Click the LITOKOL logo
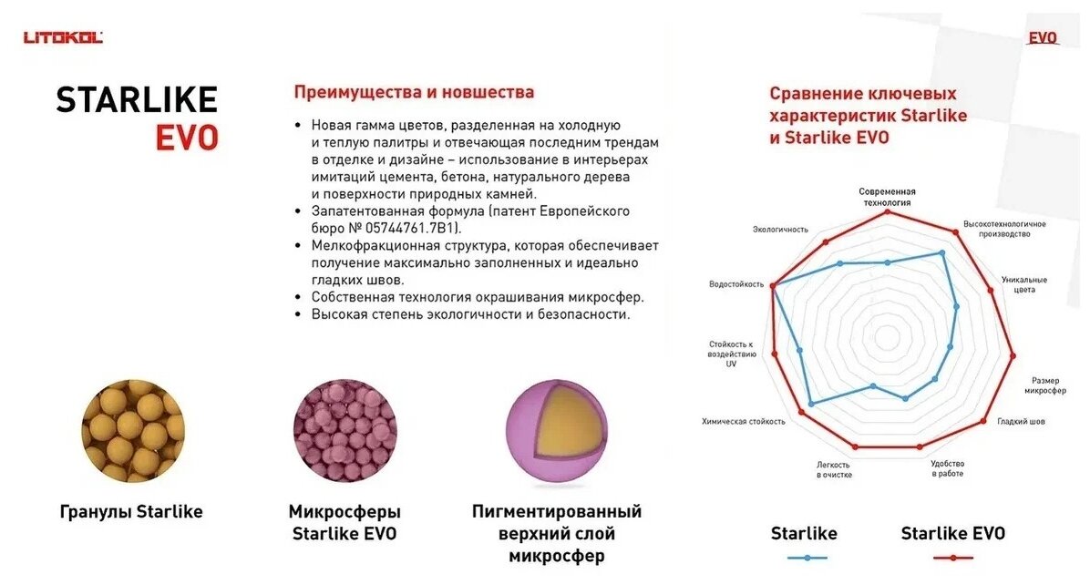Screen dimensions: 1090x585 63,37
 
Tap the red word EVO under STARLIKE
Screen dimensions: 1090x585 186,138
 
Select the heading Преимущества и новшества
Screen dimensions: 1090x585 414,92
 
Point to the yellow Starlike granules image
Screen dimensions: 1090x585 133,430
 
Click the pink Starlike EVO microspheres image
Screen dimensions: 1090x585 344,430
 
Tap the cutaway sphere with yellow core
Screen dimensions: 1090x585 555,430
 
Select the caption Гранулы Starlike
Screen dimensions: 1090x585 131,512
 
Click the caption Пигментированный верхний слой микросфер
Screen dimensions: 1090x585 556,533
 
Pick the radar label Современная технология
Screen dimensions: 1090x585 887,197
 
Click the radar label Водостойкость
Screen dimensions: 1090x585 735,284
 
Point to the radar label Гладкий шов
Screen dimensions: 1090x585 1021,422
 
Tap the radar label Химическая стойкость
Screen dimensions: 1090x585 744,422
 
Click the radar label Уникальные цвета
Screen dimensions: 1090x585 1023,284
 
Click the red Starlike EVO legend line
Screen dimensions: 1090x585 952,557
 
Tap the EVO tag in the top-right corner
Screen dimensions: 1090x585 1043,38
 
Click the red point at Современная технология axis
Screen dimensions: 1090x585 887,213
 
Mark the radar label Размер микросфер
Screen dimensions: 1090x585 1044,385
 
